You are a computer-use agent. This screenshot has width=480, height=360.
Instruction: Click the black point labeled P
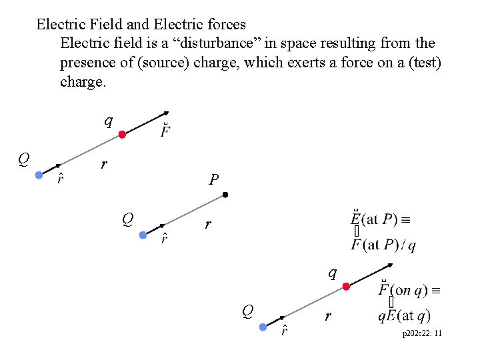pos(225,195)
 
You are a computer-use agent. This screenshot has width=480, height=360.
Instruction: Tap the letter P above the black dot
pos(213,179)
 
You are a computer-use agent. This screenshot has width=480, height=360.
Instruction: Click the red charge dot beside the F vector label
pos(122,135)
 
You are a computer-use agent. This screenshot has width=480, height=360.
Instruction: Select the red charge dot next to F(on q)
pos(346,287)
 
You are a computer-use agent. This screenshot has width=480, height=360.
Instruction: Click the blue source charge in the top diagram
pos(39,175)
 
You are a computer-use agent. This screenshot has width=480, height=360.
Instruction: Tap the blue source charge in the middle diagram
pos(143,235)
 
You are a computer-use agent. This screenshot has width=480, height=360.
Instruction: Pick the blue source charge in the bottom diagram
pos(263,327)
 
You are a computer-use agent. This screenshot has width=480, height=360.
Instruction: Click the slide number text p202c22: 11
pos(421,333)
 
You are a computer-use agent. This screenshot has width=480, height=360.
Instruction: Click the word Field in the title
pos(102,25)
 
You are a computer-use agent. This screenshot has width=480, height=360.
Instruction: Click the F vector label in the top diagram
pos(164,129)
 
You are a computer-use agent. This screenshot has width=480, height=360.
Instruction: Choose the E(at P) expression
pos(383,219)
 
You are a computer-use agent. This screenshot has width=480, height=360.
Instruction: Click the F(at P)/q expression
pos(384,245)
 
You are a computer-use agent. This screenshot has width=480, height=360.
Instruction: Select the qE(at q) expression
pos(404,316)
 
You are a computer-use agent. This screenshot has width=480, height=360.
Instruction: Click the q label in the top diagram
pos(108,121)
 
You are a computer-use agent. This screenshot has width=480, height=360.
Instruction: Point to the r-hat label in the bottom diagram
pos(283,329)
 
